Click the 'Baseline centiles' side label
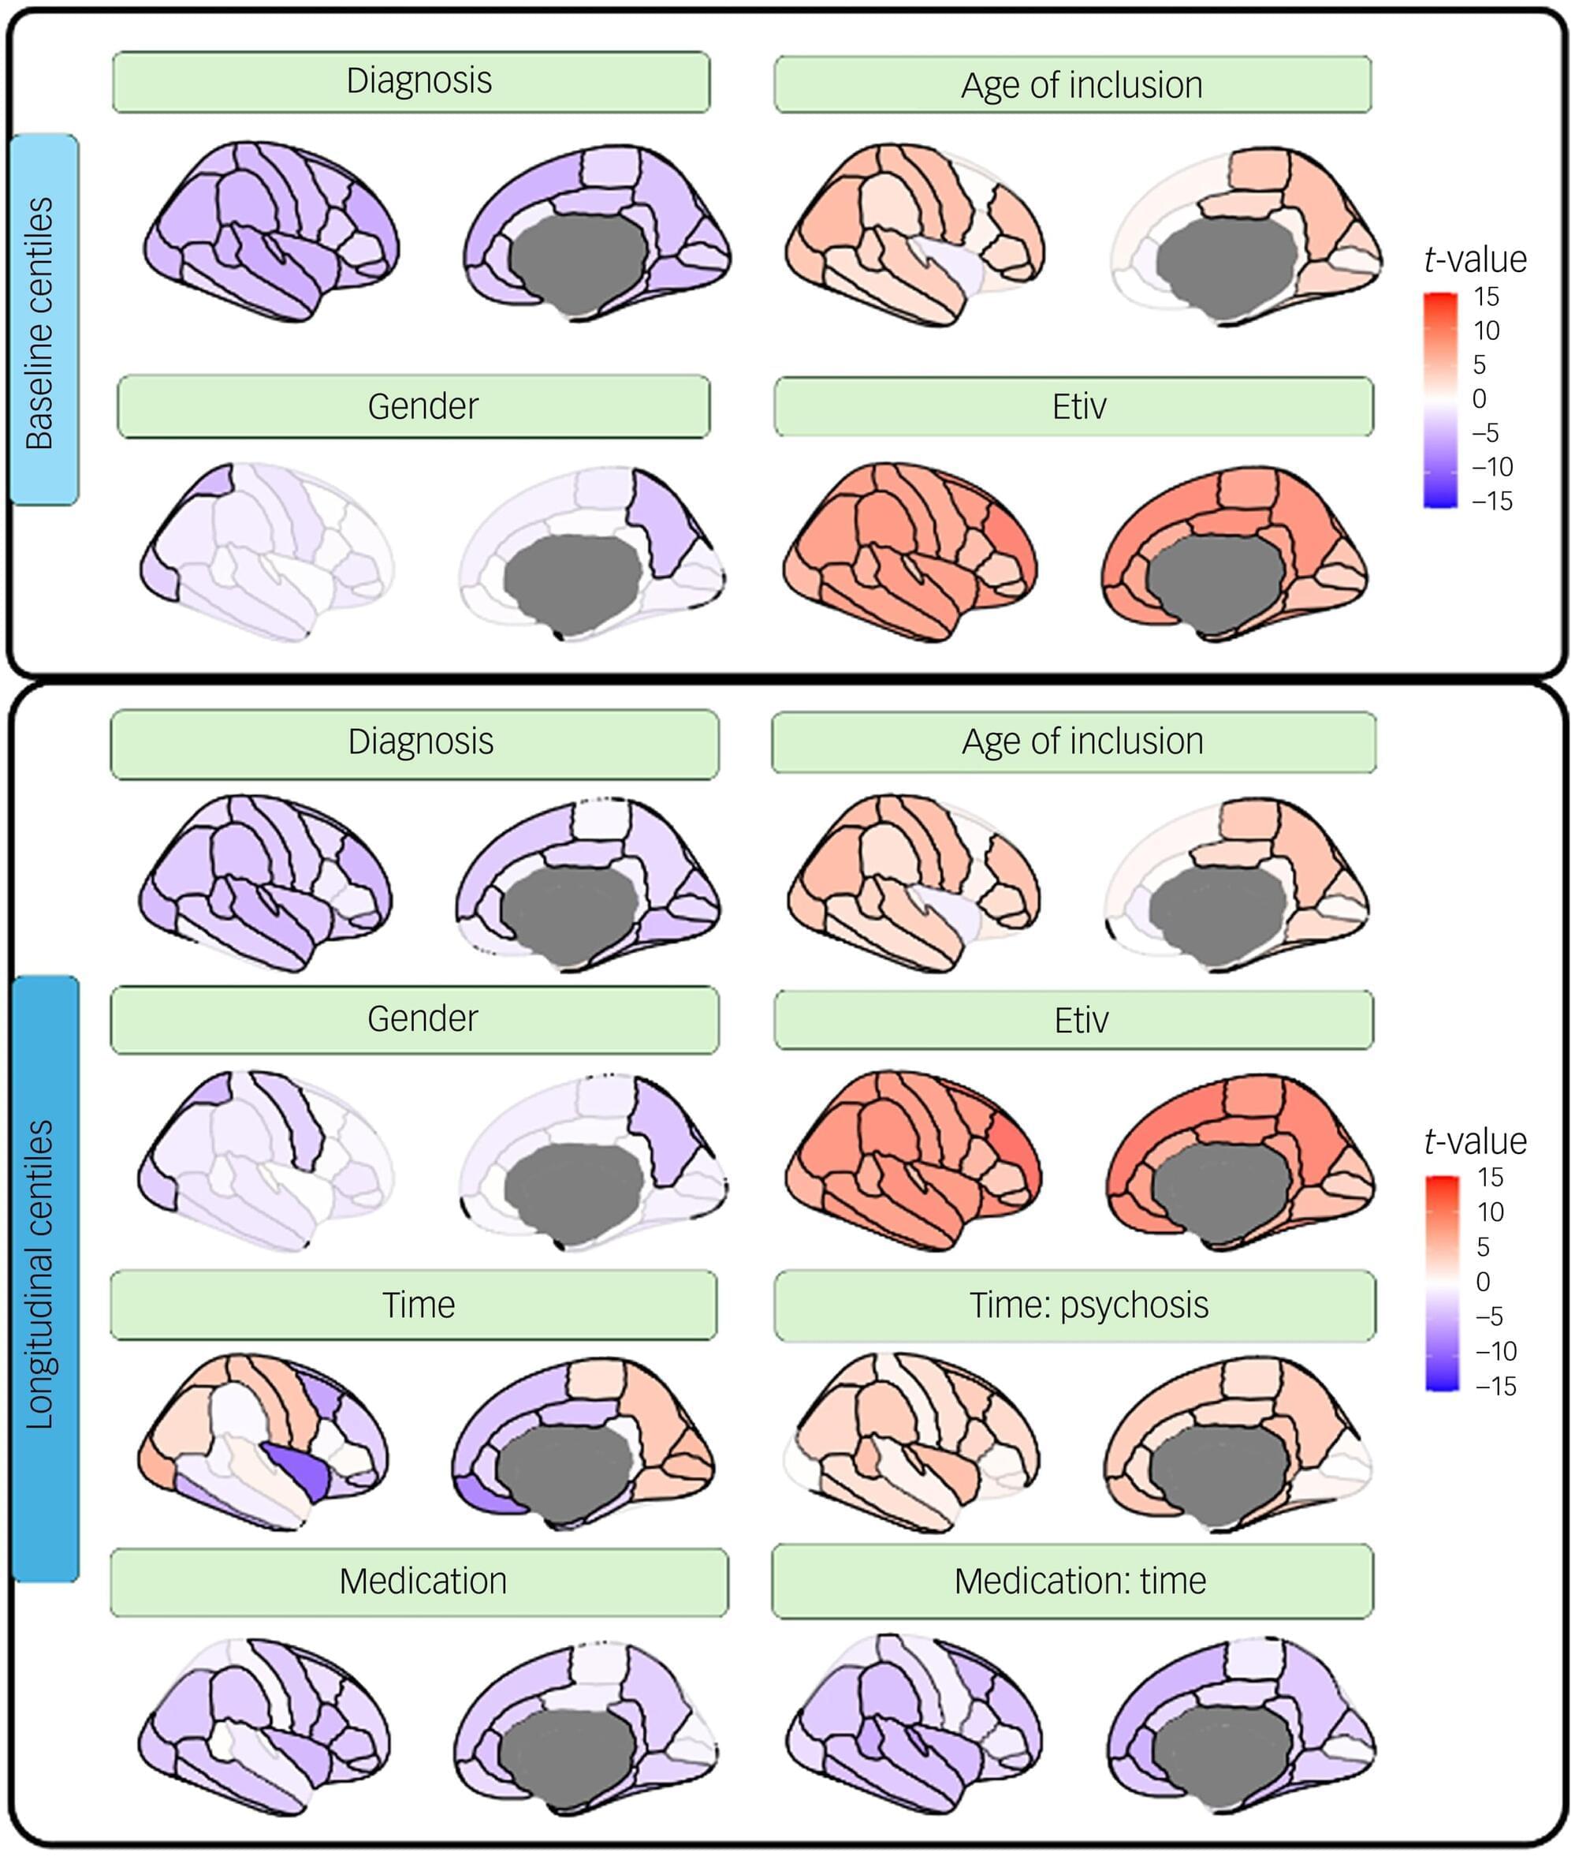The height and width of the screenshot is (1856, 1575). [x=40, y=323]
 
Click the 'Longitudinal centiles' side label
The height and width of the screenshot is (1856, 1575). [x=40, y=1275]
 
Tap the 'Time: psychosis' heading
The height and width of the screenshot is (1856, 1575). [x=1089, y=1305]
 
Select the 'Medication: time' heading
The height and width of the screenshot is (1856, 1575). [x=1081, y=1582]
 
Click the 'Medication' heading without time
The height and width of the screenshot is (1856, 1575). [x=423, y=1582]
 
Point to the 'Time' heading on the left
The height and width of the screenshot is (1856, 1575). [x=419, y=1305]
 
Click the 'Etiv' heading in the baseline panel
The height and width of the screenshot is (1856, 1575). [x=1079, y=407]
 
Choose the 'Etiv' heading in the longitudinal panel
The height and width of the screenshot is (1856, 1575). [x=1082, y=1020]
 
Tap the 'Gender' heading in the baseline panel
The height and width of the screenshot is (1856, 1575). [x=423, y=406]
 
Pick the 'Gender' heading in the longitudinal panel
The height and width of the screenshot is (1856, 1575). [x=423, y=1019]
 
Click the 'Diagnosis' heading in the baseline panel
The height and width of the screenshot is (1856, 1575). [x=419, y=81]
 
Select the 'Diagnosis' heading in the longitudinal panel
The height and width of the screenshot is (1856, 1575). [x=420, y=742]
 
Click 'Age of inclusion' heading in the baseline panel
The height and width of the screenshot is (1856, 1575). [x=1082, y=86]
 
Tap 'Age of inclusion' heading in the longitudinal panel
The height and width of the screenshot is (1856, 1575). [x=1083, y=741]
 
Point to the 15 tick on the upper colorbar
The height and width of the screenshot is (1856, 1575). [x=1487, y=297]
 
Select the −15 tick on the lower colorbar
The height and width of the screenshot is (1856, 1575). [x=1495, y=1386]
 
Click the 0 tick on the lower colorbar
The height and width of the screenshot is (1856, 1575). [x=1483, y=1282]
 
